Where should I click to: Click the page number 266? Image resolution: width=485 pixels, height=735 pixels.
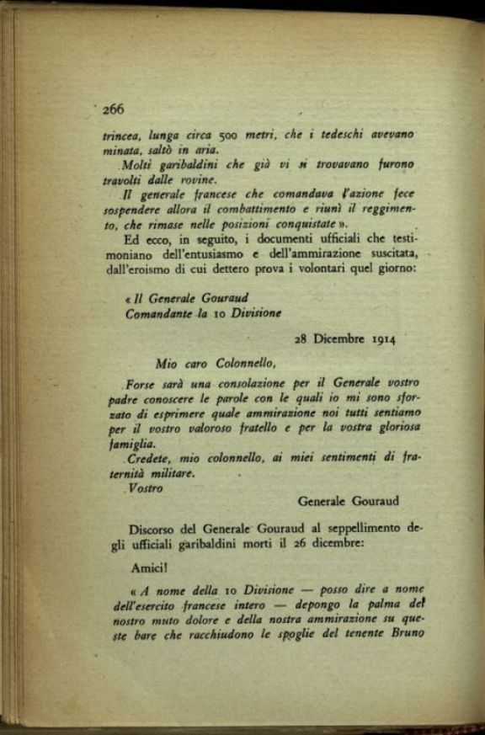pyautogui.click(x=113, y=109)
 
